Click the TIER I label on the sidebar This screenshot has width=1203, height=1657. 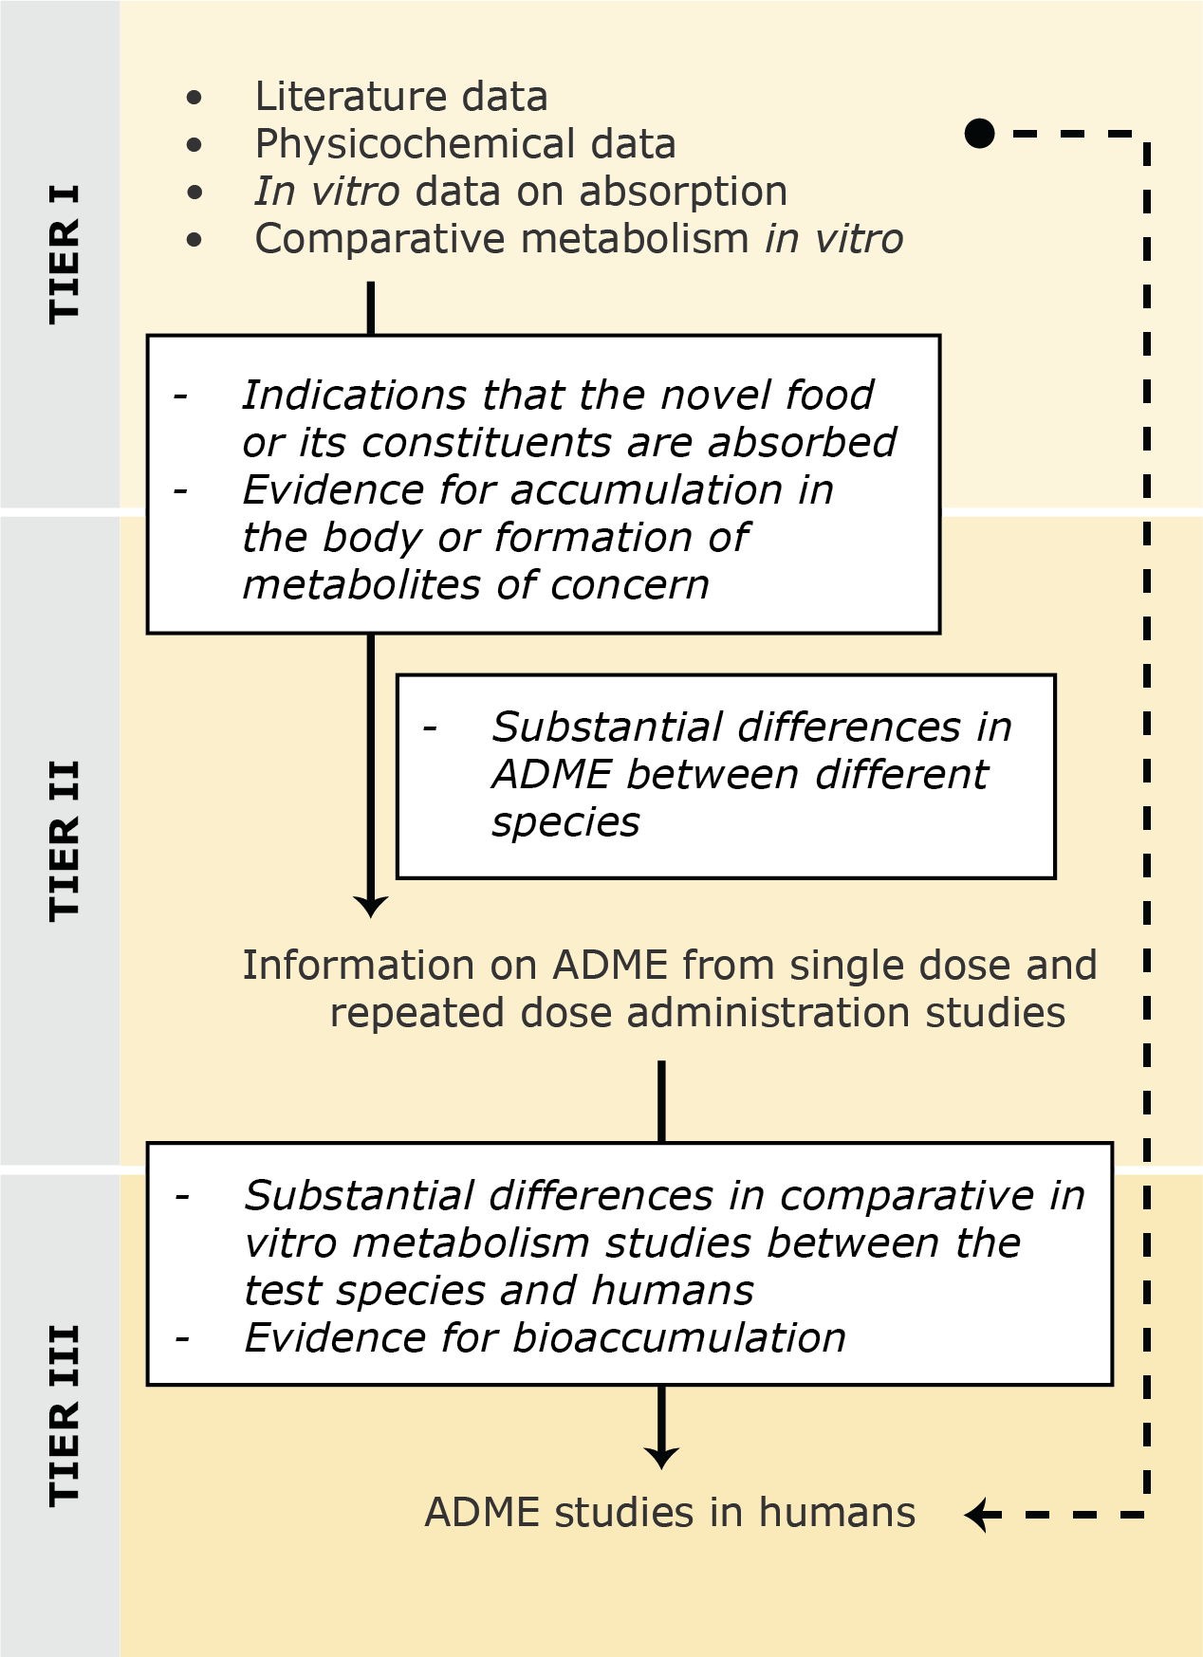point(64,254)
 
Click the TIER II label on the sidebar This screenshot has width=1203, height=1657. point(64,840)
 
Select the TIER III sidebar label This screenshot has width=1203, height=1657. point(64,1415)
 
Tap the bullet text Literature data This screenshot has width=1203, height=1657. point(400,97)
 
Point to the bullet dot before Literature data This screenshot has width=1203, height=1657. point(195,97)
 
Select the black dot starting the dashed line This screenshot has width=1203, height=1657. point(979,133)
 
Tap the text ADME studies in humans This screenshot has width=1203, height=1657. point(670,1513)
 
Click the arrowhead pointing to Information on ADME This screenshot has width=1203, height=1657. point(370,906)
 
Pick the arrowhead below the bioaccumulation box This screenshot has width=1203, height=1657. point(661,1458)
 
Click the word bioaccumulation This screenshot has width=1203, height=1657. point(679,1338)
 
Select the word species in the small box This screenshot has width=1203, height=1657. point(565,822)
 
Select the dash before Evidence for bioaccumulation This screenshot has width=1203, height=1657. point(183,1338)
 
